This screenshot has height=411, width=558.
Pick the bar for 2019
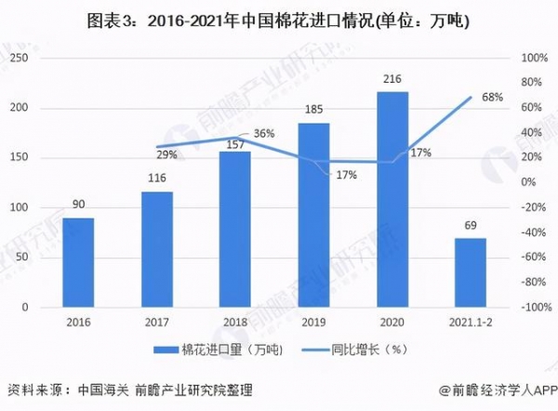[x=313, y=215]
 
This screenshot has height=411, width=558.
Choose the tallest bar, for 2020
[x=392, y=199]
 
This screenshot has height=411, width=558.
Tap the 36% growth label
[x=264, y=134]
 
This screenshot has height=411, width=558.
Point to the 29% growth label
[x=166, y=153]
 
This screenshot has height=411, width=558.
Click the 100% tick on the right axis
[x=533, y=58]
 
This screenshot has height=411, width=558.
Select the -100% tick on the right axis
[x=533, y=307]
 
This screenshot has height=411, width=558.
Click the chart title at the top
[x=279, y=22]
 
